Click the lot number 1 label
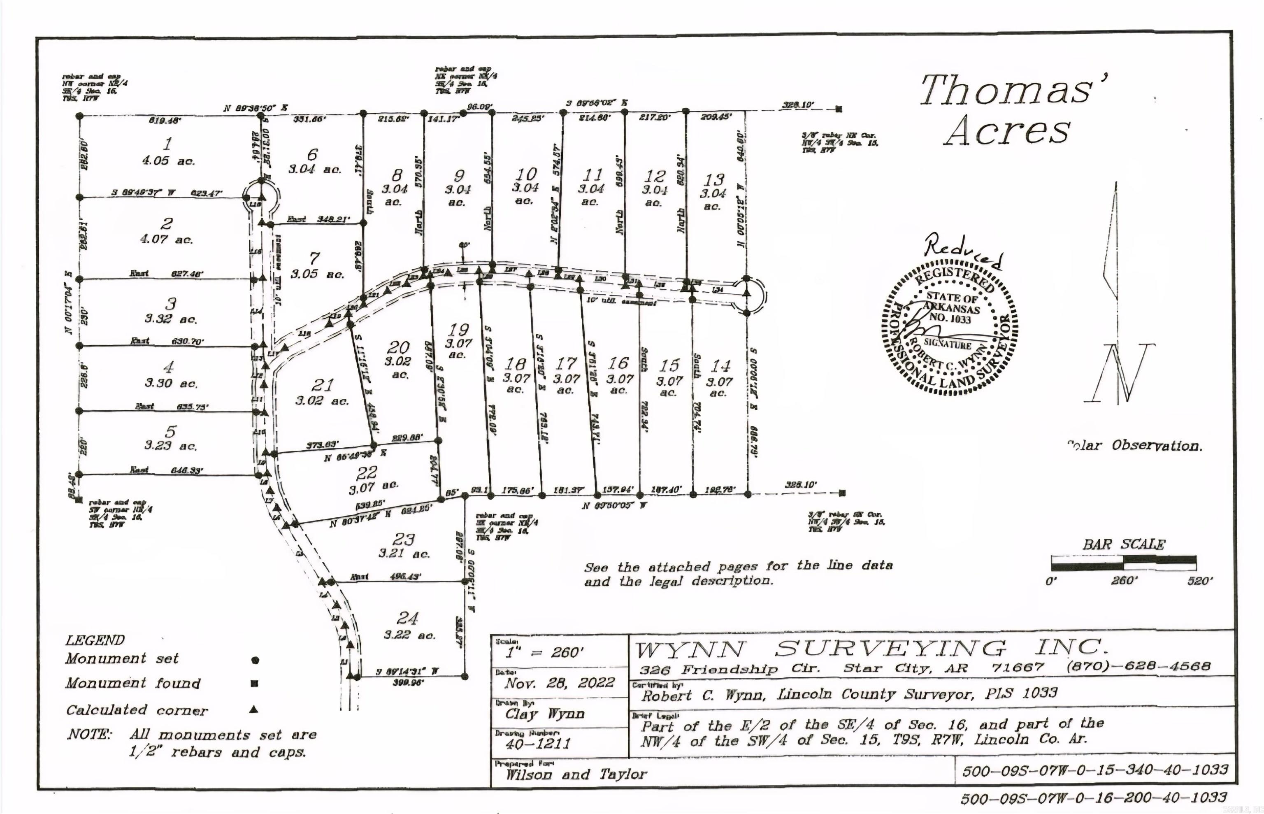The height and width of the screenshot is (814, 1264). tap(167, 143)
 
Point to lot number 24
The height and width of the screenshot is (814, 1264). tap(407, 618)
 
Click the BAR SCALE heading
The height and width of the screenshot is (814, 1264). tap(1123, 544)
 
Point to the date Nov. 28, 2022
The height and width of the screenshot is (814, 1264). tap(559, 682)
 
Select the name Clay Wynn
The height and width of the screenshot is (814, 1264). tap(544, 714)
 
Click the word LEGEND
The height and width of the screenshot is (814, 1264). tap(95, 641)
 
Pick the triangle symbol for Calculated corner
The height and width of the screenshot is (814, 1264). tap(254, 709)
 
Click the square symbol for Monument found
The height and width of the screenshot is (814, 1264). tap(254, 684)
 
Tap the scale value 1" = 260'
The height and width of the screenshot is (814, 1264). tap(544, 653)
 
